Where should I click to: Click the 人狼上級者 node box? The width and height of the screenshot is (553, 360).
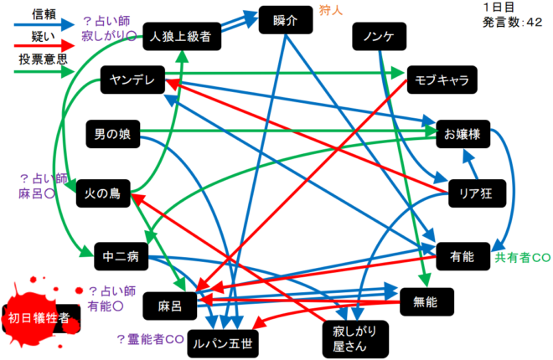182,36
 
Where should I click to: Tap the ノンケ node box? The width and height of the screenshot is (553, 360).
380,37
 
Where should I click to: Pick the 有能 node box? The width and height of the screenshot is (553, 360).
462,256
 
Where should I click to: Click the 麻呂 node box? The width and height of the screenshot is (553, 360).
171,306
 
